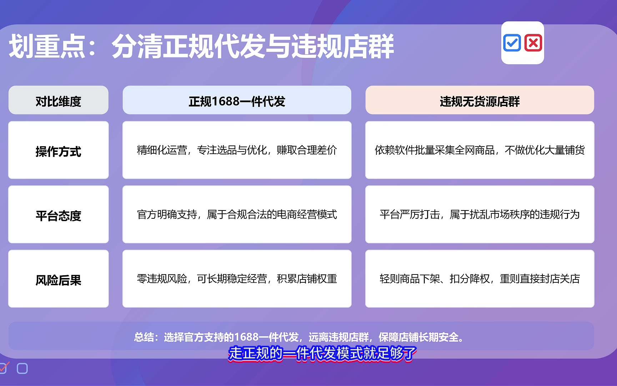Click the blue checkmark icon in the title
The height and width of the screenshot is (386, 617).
[x=512, y=43]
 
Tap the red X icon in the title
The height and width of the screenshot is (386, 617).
[x=533, y=43]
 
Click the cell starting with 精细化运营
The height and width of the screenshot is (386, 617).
[x=237, y=150]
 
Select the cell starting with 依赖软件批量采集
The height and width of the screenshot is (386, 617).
[x=480, y=150]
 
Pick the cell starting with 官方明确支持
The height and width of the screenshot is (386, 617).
[x=237, y=214]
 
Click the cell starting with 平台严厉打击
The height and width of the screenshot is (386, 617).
[x=480, y=214]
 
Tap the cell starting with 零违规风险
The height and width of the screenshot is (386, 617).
[x=237, y=279]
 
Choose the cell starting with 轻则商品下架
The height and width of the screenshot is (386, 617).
[x=480, y=279]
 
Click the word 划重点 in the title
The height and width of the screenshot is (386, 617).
[x=47, y=46]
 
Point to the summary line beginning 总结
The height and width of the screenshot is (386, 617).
[x=299, y=337]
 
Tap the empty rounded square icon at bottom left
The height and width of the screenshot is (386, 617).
[x=22, y=368]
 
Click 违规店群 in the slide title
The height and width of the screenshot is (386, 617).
[x=343, y=46]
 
